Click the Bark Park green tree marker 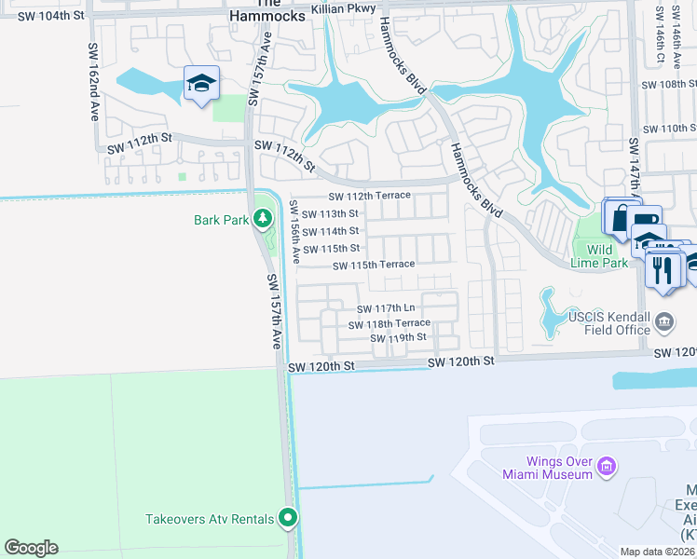264,219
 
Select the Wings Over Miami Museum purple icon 607,465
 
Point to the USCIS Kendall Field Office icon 665,322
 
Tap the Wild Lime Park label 599,256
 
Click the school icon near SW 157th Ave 201,85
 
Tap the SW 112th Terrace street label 369,196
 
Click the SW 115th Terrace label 374,265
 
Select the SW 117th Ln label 386,308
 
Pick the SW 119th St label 398,337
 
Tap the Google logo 31,547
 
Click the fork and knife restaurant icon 663,270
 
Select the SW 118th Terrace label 389,324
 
